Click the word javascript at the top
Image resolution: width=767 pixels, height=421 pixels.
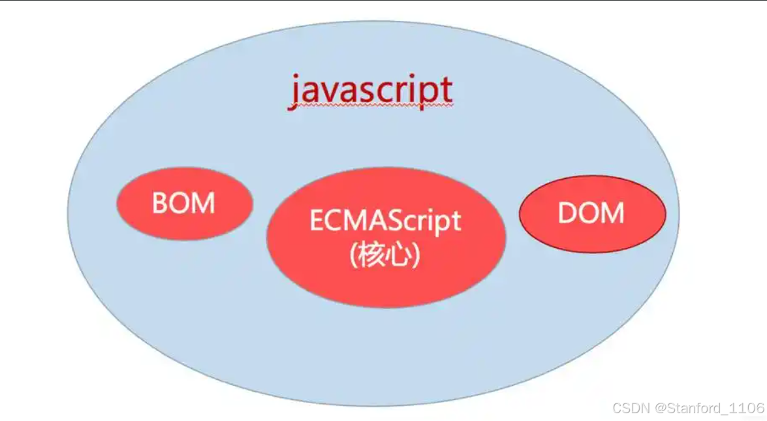[x=371, y=91]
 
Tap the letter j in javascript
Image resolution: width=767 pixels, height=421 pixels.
[x=295, y=92]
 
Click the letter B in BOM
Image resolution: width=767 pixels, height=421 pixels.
[x=161, y=203]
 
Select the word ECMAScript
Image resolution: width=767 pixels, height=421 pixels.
[x=385, y=221]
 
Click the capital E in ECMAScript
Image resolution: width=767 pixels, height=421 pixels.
[x=317, y=221]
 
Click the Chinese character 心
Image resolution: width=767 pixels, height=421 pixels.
[x=399, y=255]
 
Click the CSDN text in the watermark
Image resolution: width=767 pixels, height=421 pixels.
[x=630, y=408]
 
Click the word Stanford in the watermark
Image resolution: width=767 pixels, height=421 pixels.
[x=693, y=408]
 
